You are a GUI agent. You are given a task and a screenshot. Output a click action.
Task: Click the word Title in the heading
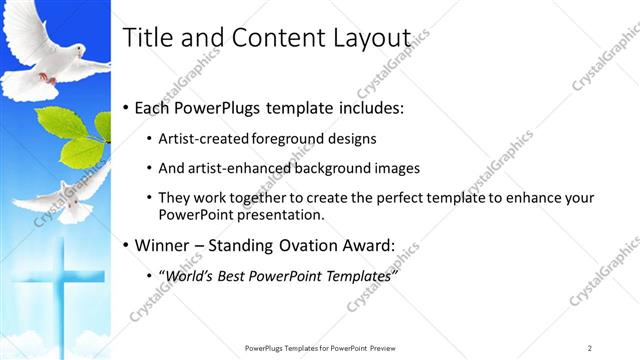pyautogui.click(x=142, y=38)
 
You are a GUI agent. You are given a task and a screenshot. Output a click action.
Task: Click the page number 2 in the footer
pyautogui.click(x=590, y=347)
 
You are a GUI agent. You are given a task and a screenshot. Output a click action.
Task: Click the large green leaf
pyautogui.click(x=80, y=150)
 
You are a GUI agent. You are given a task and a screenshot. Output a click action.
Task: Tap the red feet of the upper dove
pyautogui.click(x=45, y=76)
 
